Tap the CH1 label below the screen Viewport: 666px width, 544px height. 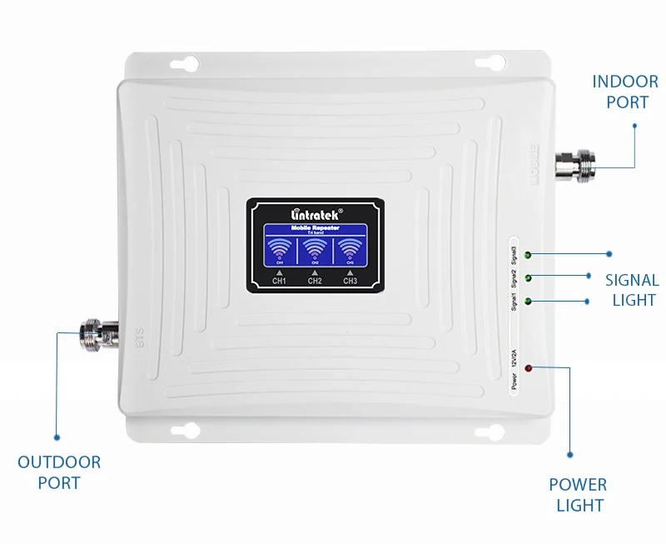click(280, 281)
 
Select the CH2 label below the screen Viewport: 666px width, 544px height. click(315, 281)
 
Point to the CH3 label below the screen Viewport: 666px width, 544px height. click(350, 281)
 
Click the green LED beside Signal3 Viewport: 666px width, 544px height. click(528, 253)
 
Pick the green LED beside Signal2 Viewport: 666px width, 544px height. click(528, 277)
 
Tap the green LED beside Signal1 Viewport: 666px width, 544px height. click(528, 300)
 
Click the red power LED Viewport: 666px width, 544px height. click(529, 367)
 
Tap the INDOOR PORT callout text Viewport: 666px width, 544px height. click(625, 92)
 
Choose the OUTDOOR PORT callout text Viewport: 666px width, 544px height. click(59, 472)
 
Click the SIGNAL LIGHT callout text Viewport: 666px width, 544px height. click(632, 290)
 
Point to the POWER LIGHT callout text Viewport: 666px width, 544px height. click(578, 494)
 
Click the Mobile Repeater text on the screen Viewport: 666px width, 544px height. click(315, 228)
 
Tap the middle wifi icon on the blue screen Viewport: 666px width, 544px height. click(315, 248)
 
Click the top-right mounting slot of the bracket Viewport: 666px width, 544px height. click(488, 63)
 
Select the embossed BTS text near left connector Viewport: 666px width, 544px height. click(129, 335)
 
